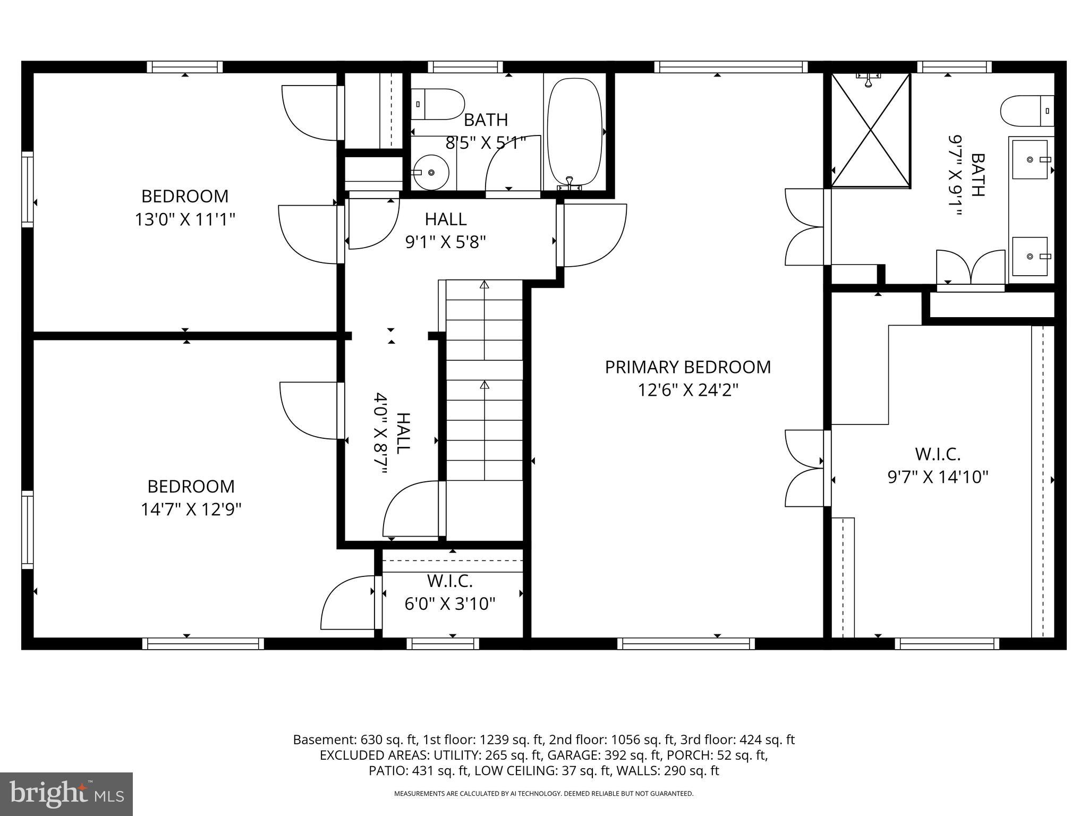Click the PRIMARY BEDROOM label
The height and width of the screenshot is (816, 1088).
click(x=687, y=367)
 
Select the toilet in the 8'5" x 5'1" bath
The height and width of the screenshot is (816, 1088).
click(x=438, y=104)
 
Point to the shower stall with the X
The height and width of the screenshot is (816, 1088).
click(x=870, y=130)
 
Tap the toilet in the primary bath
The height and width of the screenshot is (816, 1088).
click(x=1026, y=111)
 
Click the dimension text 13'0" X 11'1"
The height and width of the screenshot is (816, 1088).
click(x=185, y=219)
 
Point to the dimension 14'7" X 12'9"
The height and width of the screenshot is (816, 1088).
click(x=191, y=509)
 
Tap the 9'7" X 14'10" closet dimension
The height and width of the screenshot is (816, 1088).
click(x=938, y=477)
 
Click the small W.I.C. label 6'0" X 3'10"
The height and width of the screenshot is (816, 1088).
click(x=450, y=604)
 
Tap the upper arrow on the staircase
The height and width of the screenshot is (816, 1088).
click(x=484, y=285)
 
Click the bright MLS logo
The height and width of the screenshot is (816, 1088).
click(x=66, y=794)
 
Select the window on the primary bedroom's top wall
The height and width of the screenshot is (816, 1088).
click(x=730, y=67)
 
